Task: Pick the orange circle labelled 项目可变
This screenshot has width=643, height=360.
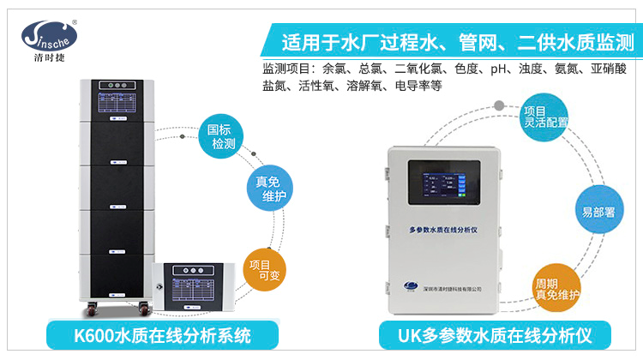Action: click(x=265, y=271)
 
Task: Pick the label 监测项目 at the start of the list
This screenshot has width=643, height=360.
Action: click(x=285, y=69)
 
